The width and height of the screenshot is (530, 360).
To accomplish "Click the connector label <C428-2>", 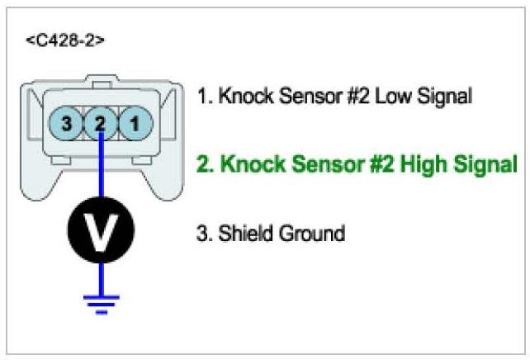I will tap(64, 39).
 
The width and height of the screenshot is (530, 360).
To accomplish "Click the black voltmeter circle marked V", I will tap(101, 233).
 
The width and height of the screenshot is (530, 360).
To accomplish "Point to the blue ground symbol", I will tap(101, 303).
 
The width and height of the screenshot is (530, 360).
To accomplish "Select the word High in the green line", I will tap(421, 163).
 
